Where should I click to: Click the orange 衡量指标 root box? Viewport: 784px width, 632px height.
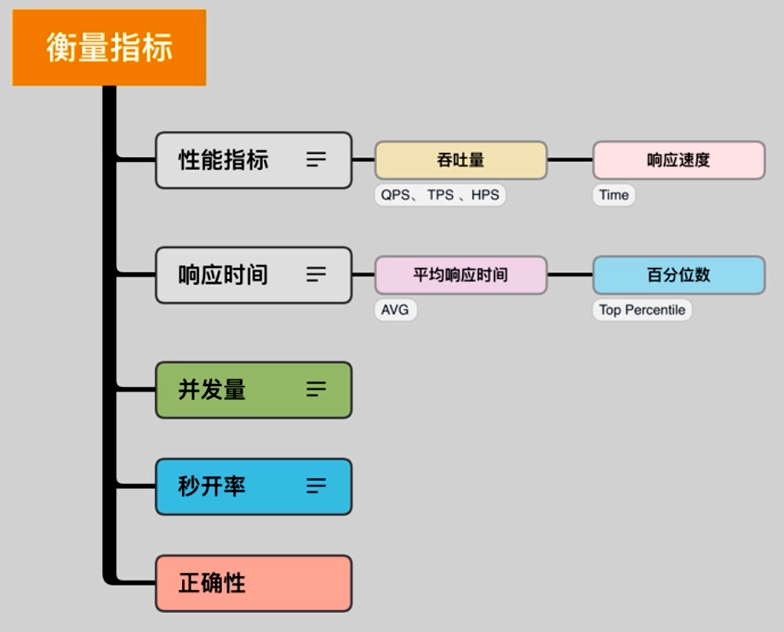(109, 47)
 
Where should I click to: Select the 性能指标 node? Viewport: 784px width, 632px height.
(224, 160)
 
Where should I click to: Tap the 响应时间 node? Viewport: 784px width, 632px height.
(224, 274)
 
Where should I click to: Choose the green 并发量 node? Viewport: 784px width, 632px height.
(224, 389)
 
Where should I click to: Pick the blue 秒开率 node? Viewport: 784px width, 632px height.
(224, 486)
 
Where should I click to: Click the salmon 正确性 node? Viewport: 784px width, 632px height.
(253, 583)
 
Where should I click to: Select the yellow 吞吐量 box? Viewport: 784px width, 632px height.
(461, 160)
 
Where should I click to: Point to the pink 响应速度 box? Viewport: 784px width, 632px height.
(678, 160)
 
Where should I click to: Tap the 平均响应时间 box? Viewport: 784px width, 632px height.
(461, 274)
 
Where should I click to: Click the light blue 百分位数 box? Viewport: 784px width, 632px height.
(678, 274)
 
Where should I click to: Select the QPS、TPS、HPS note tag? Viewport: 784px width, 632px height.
(440, 195)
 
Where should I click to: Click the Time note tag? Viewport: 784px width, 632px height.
(614, 195)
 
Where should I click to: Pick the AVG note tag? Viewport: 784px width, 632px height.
(395, 310)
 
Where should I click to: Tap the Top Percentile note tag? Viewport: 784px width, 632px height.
(642, 310)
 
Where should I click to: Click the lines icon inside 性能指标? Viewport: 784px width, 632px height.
(317, 160)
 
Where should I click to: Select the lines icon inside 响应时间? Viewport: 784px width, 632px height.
(317, 274)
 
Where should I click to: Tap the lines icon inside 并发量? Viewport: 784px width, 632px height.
(317, 389)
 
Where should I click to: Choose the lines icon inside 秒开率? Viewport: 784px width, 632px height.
(317, 486)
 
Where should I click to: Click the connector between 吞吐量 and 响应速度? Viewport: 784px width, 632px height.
(570, 160)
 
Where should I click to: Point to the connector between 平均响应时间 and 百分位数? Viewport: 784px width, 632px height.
(570, 274)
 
